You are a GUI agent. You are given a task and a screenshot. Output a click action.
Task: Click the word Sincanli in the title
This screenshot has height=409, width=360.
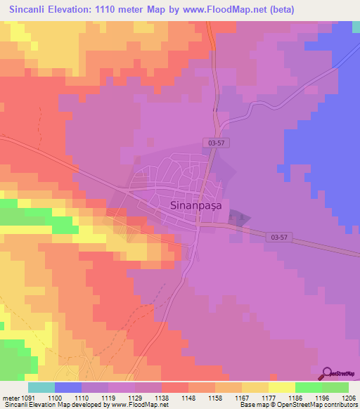click(x=31, y=10)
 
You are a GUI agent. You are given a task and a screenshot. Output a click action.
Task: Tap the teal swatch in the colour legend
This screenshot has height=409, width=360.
click(x=41, y=387)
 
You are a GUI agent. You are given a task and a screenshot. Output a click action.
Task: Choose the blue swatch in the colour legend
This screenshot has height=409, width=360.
click(x=68, y=387)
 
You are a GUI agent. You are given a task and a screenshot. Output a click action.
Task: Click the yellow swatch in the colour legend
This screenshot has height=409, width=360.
click(x=281, y=387)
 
